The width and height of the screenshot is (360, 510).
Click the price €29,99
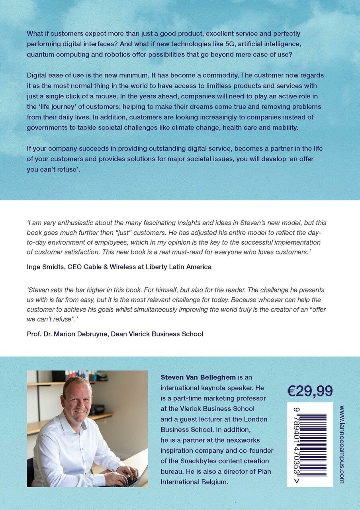(310, 391)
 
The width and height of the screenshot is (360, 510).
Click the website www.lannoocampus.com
(342, 444)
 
